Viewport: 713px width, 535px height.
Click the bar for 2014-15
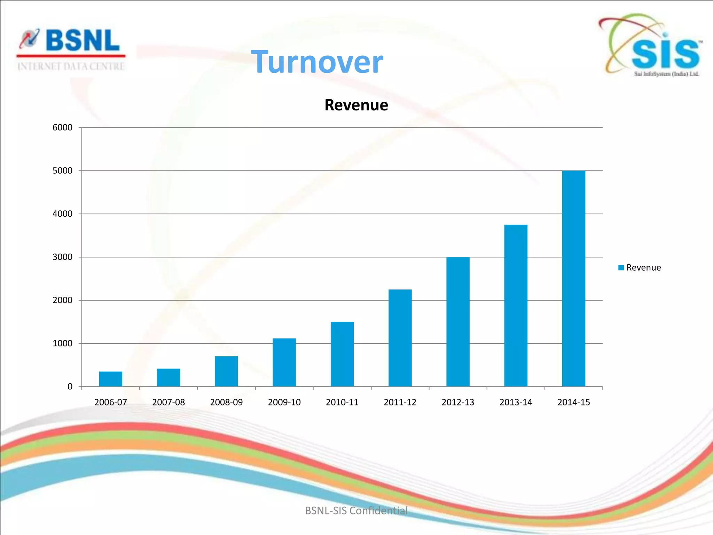click(x=573, y=279)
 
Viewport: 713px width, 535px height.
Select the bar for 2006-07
click(x=110, y=379)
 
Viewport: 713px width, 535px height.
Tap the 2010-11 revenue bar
click(x=342, y=354)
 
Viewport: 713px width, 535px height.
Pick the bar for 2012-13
click(x=458, y=322)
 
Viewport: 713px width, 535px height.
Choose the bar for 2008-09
click(x=226, y=371)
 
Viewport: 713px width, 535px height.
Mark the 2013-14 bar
click(x=516, y=305)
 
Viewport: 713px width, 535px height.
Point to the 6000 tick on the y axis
click(x=63, y=127)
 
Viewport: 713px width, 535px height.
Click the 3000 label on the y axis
click(x=63, y=257)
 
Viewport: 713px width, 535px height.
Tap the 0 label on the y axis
click(x=70, y=387)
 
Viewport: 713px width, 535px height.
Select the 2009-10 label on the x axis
click(x=284, y=402)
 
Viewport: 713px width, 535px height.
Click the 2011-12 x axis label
click(x=400, y=402)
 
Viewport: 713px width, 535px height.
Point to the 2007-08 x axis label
click(x=169, y=402)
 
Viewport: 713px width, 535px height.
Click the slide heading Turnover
click(x=317, y=62)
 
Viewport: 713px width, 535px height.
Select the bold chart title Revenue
click(x=356, y=105)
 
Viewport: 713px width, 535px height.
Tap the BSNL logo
click(x=71, y=41)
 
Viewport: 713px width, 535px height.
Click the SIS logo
click(x=651, y=45)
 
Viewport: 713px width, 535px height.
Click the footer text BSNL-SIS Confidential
click(x=356, y=510)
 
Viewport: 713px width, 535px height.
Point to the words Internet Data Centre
click(x=71, y=66)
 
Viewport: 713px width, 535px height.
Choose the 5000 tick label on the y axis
click(x=63, y=171)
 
